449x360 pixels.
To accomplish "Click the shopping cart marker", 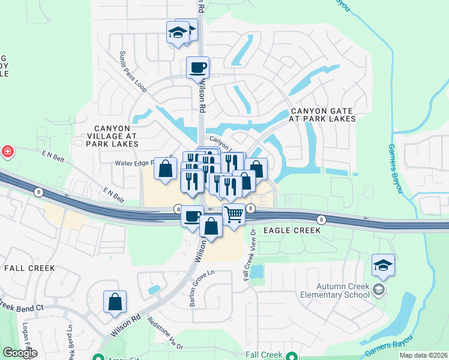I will (234, 214).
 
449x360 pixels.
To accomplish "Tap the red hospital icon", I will (7, 151).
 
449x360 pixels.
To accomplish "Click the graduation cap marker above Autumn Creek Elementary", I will (383, 265).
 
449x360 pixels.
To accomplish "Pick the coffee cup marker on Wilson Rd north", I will (197, 67).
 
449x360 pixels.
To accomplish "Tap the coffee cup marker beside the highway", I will (193, 215).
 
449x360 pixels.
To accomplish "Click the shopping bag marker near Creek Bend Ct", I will (115, 302).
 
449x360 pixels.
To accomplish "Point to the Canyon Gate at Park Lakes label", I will (322, 115).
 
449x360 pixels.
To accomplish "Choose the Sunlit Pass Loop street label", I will (133, 71).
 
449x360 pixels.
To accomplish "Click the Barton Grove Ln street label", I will (202, 288).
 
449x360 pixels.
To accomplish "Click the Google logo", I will (19, 353).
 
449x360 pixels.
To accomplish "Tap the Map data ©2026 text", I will (423, 355).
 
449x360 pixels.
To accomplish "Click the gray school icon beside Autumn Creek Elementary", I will (379, 290).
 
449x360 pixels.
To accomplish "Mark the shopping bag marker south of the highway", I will (211, 227).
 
